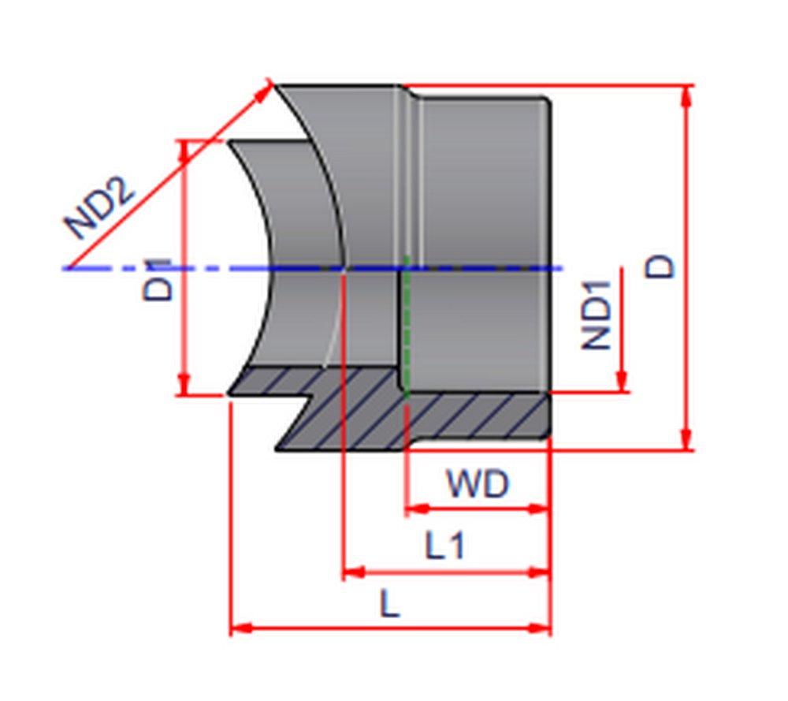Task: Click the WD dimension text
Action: click(478, 483)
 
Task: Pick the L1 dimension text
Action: click(445, 546)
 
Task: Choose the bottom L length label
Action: click(390, 605)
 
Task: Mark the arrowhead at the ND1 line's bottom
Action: click(623, 382)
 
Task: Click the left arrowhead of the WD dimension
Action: click(414, 509)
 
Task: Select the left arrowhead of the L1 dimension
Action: click(353, 572)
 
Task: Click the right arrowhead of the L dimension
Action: click(540, 628)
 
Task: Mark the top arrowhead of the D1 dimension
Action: click(184, 152)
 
